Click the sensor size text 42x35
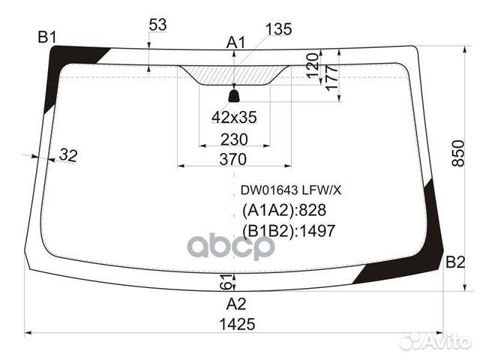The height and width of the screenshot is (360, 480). click(233, 117)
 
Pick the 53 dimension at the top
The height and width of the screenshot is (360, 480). click(157, 25)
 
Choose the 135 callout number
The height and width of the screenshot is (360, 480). click(278, 29)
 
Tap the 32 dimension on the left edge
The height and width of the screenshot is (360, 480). click(67, 155)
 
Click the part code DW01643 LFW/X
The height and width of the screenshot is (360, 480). click(284, 190)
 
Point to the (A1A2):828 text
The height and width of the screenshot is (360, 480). click(283, 211)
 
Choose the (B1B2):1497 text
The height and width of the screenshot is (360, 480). click(288, 231)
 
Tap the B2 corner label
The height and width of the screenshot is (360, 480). click(455, 262)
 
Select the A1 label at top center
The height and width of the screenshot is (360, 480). click(236, 43)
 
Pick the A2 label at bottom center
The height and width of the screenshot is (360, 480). click(236, 304)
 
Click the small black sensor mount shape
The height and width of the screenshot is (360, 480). click(233, 95)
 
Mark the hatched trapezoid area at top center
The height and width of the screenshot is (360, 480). click(233, 74)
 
